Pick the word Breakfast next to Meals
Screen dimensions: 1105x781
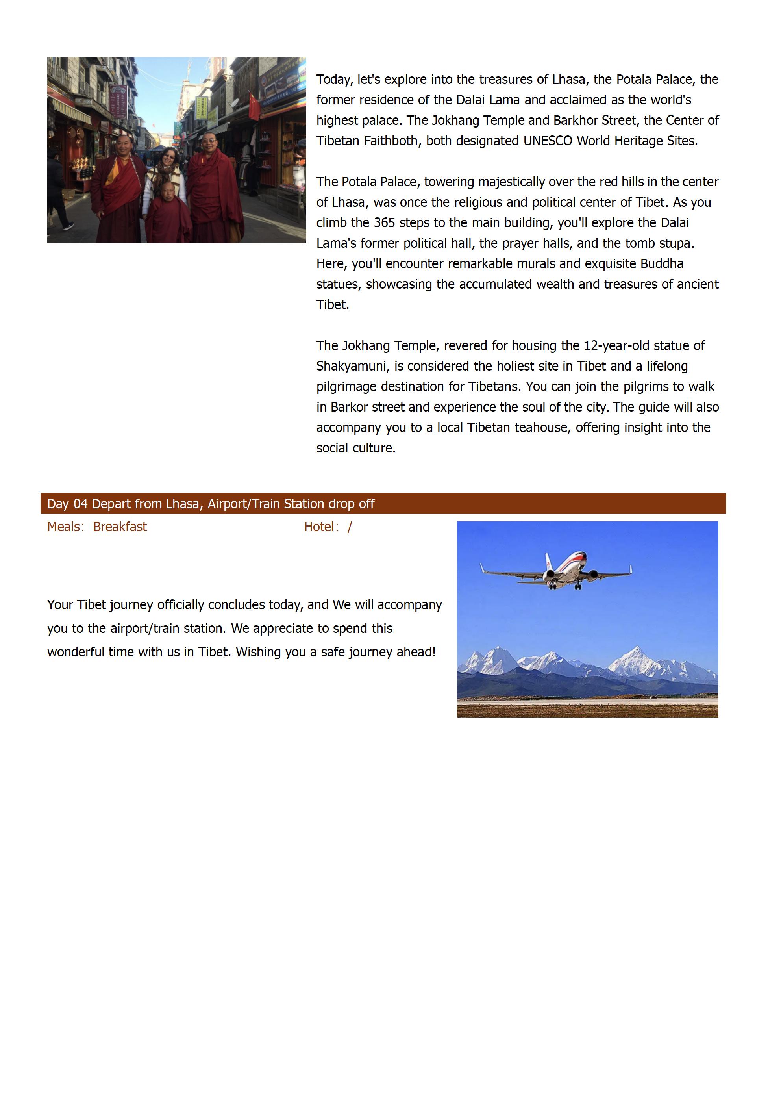pyautogui.click(x=120, y=527)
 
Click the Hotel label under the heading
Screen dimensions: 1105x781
pyautogui.click(x=319, y=527)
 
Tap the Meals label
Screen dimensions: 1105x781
pyautogui.click(x=63, y=527)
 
